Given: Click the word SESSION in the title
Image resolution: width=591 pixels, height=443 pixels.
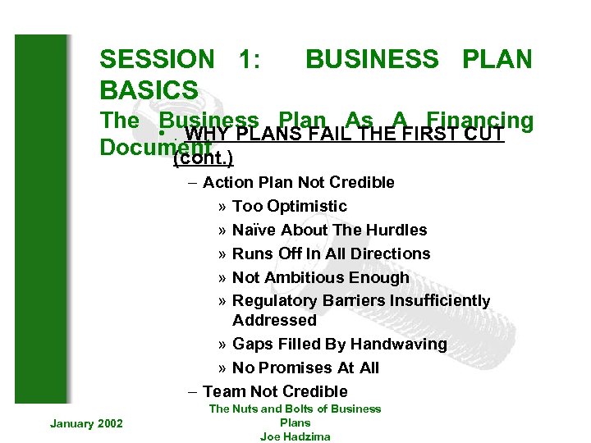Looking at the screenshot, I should coord(156,59).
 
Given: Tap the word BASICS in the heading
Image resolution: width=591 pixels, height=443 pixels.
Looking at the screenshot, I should coord(149,89).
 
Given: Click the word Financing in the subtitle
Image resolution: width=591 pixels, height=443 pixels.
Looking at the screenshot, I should coord(481,121).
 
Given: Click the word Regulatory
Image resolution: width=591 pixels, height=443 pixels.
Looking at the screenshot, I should coord(275,301).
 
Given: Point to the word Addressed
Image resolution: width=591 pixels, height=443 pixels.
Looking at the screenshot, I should coord(274,320).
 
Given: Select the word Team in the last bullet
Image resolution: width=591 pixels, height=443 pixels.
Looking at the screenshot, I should coord(222,391).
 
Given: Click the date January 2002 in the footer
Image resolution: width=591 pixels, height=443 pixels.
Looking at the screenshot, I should coord(86,423).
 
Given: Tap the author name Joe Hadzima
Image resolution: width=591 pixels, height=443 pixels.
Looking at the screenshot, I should coord(295,436).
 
